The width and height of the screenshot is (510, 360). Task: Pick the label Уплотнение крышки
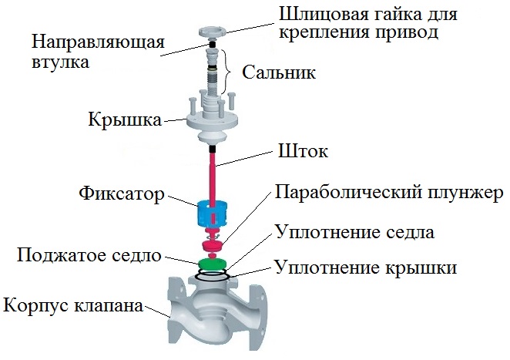tap(365, 268)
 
